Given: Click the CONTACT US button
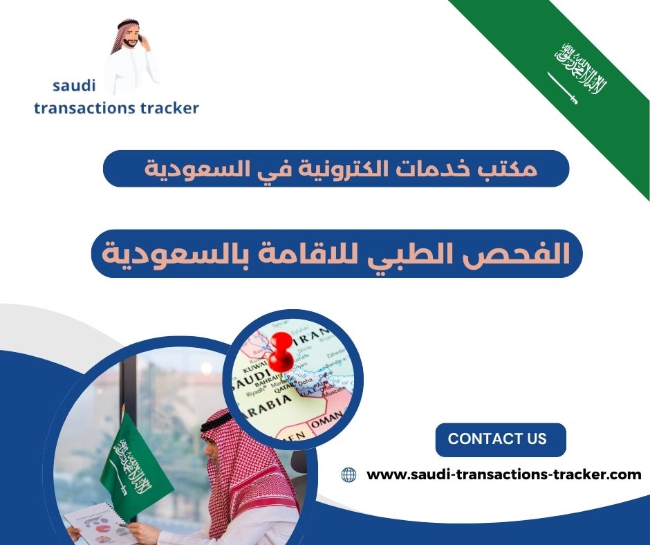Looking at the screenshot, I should tap(497, 439).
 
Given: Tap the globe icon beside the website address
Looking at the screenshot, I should tap(349, 475).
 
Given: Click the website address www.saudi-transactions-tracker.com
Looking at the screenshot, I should tap(503, 475).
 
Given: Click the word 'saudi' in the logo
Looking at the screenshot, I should tap(74, 86).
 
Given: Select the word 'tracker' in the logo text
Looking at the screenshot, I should tap(168, 108).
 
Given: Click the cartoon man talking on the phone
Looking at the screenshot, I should tap(131, 59).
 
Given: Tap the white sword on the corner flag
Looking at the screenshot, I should tap(563, 88).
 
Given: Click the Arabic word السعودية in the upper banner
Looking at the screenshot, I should tap(182, 169).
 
